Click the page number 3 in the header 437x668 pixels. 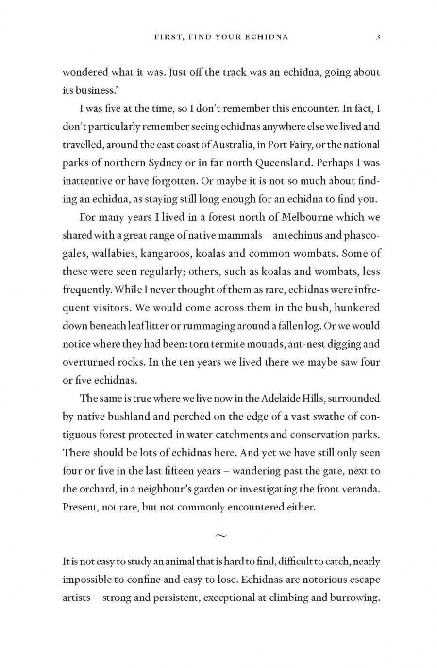[x=378, y=37]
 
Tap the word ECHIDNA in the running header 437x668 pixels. [x=265, y=37]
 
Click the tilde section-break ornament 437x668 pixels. [x=220, y=536]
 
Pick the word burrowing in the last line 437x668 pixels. [x=355, y=598]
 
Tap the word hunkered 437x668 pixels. [x=357, y=308]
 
